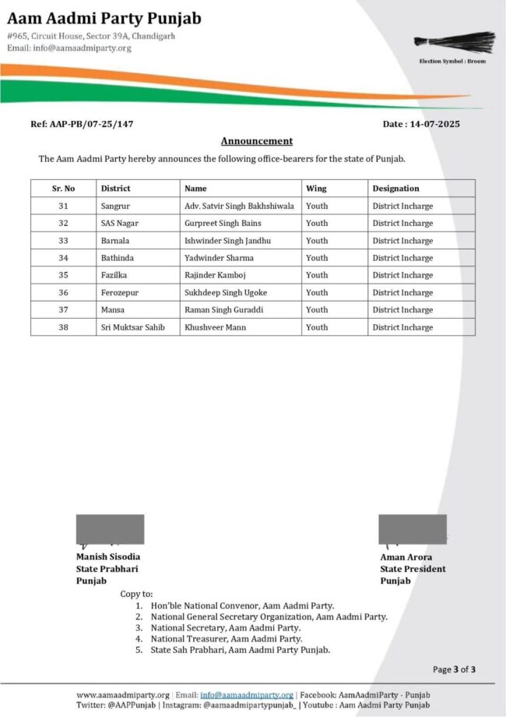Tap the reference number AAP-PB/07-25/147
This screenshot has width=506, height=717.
pyautogui.click(x=76, y=124)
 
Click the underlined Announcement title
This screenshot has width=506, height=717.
pyautogui.click(x=257, y=141)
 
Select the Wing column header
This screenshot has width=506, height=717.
pyautogui.click(x=316, y=189)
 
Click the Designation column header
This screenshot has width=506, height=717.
pyautogui.click(x=395, y=189)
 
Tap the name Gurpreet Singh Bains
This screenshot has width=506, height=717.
pyautogui.click(x=223, y=224)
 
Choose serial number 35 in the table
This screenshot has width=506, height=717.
pyautogui.click(x=63, y=275)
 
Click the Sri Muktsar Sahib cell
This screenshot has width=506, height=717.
pyautogui.click(x=132, y=327)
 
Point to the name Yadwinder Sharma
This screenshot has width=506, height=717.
pyautogui.click(x=219, y=258)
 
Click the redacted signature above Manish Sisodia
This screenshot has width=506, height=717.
pyautogui.click(x=110, y=529)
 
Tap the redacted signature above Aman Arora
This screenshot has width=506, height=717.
pyautogui.click(x=413, y=529)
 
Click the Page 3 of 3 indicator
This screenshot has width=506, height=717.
pyautogui.click(x=454, y=669)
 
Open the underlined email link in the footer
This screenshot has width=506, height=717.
pyautogui.click(x=247, y=695)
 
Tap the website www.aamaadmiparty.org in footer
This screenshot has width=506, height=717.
pyautogui.click(x=122, y=695)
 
